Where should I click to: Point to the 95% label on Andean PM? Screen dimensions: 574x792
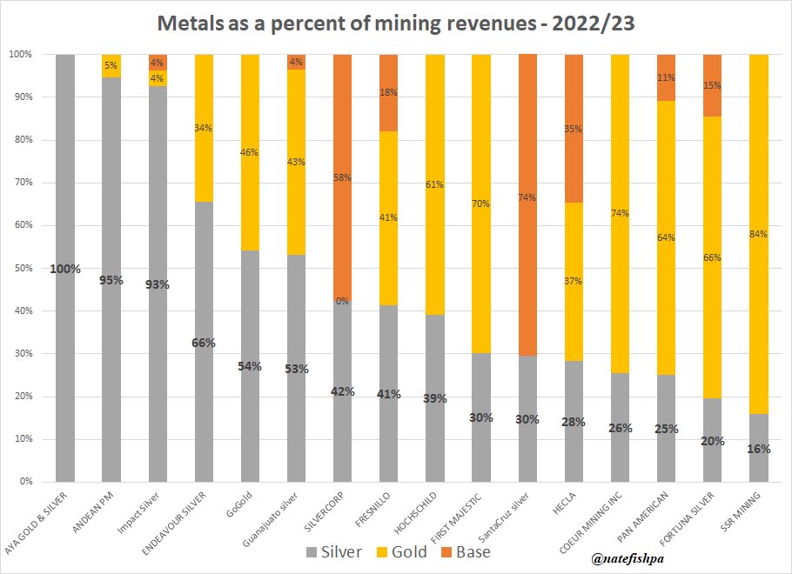[x=111, y=280]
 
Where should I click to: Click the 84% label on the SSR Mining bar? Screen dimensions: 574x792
[x=759, y=234]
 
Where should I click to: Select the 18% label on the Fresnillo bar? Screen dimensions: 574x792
[x=389, y=91]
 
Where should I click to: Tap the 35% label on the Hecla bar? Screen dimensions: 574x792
[x=574, y=128]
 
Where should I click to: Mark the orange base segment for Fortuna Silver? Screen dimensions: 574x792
[x=713, y=74]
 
